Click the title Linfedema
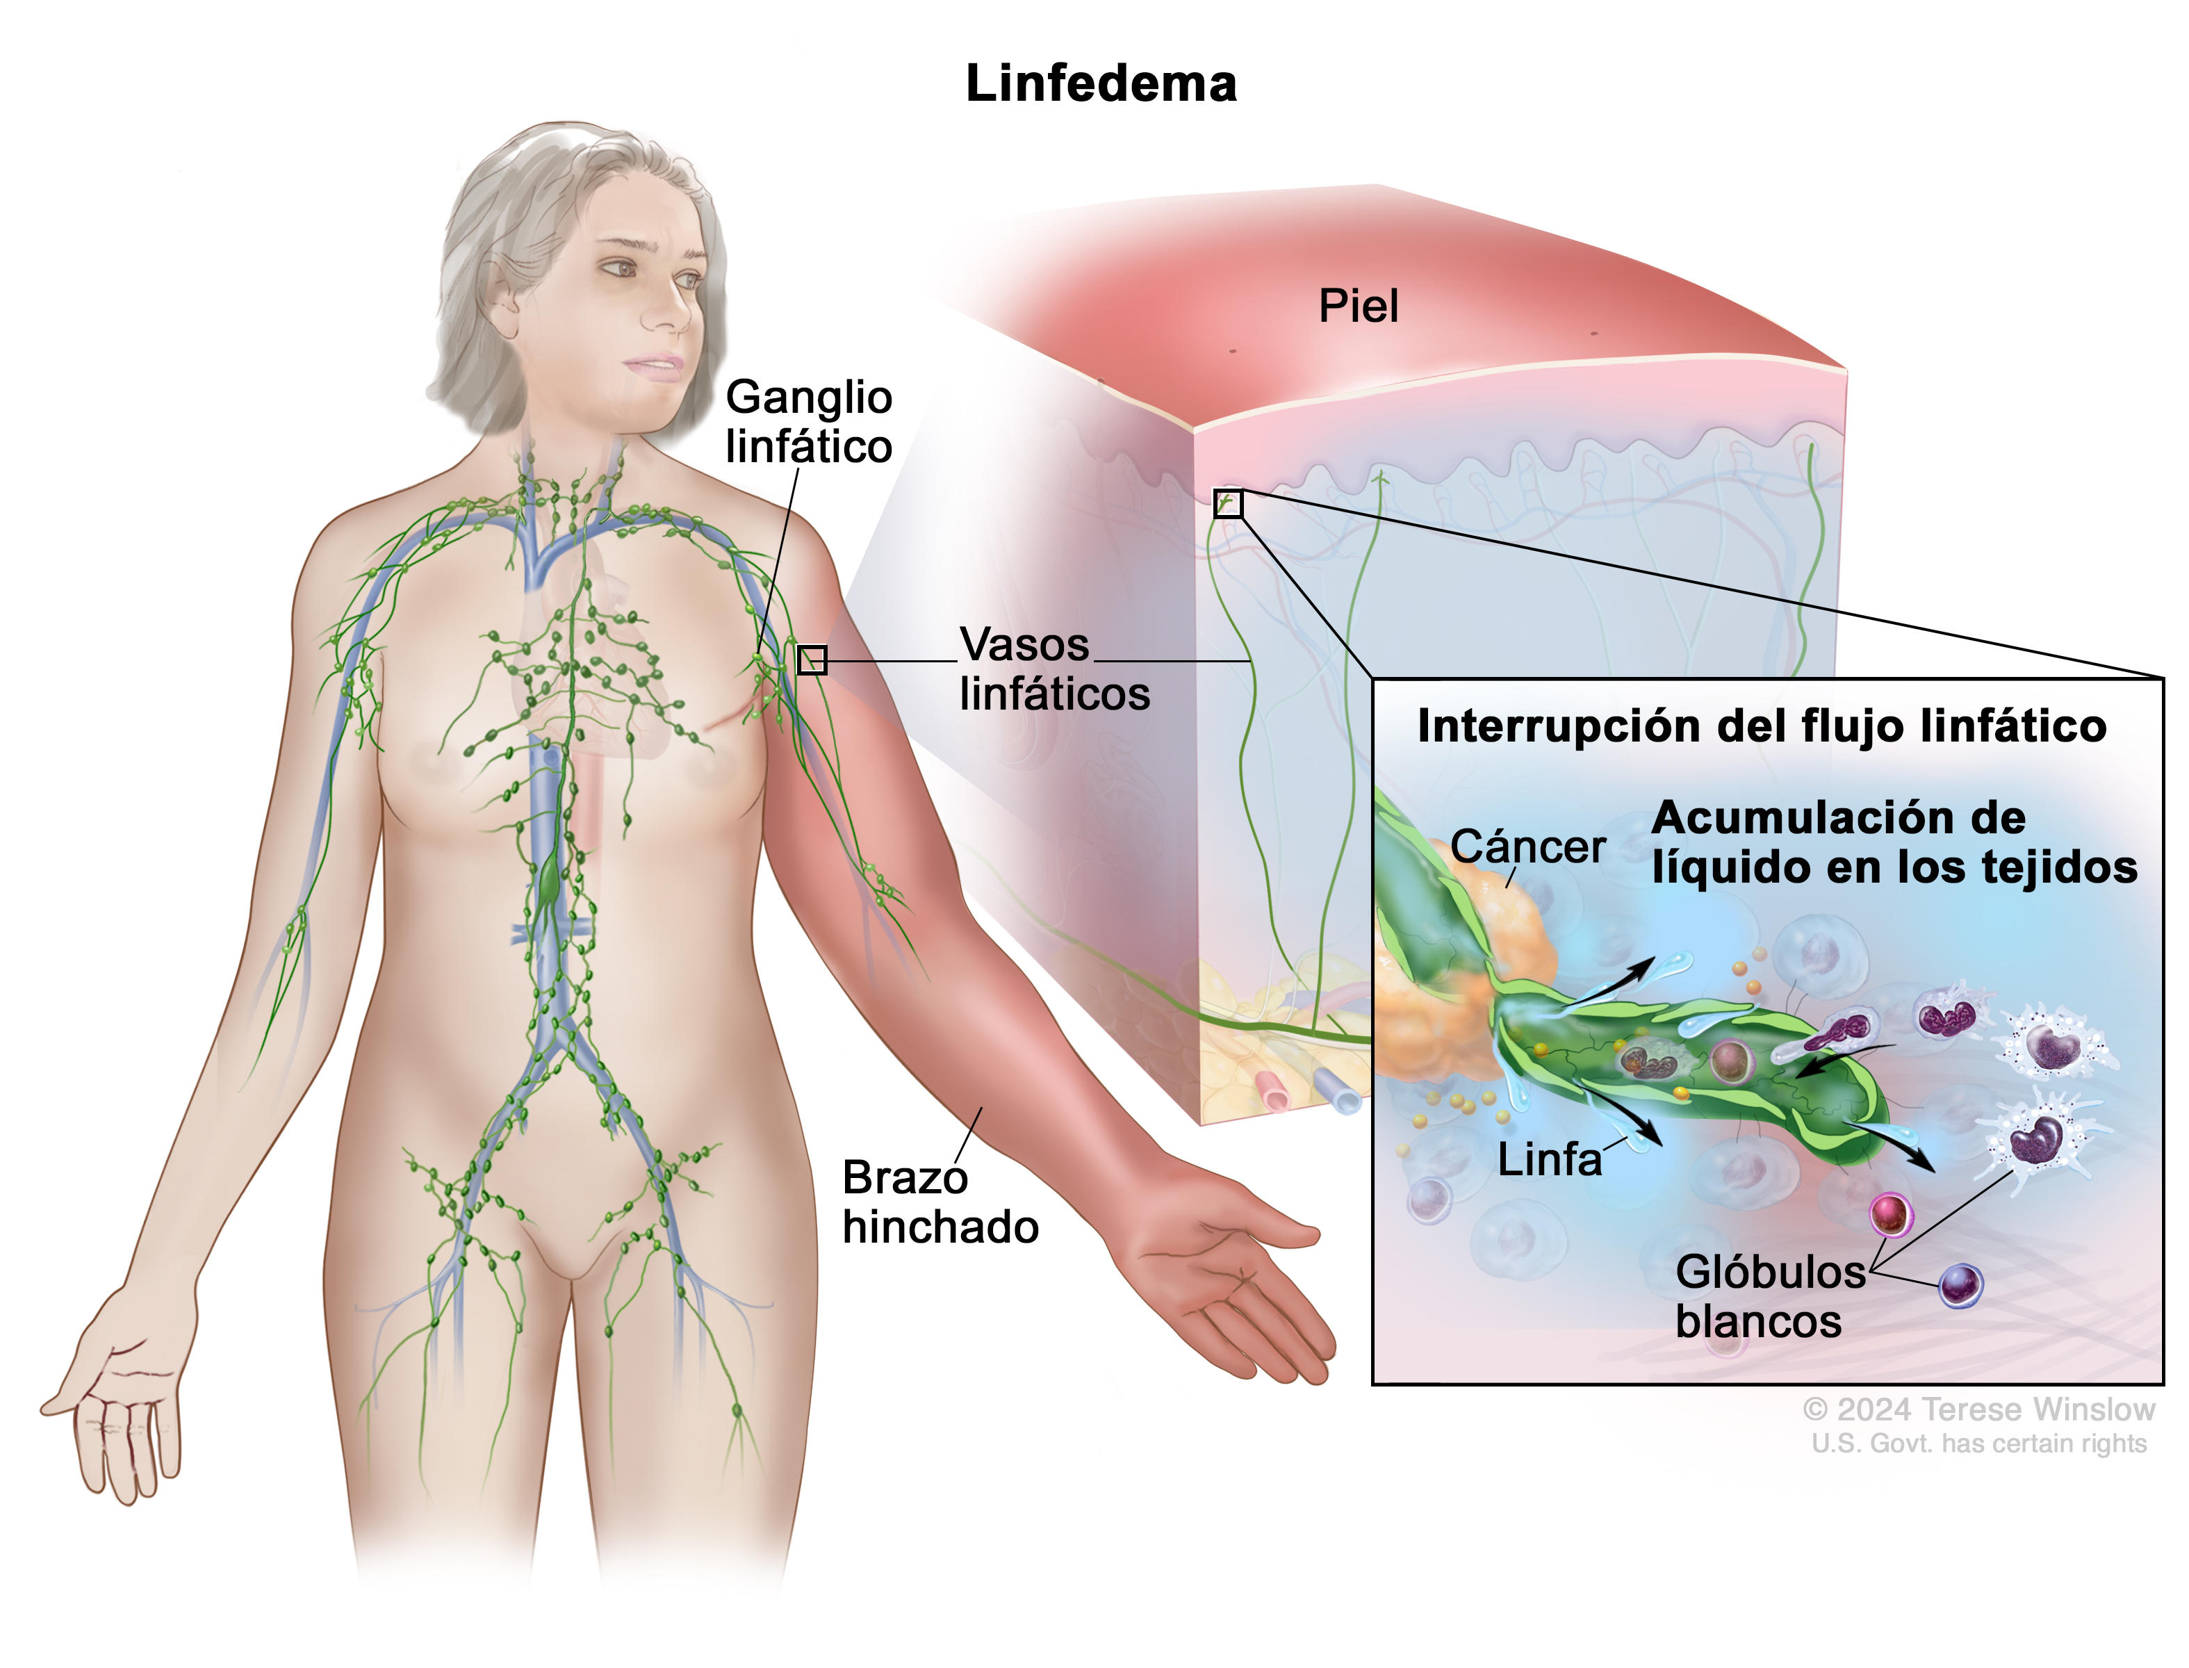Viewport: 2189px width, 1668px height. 1100,83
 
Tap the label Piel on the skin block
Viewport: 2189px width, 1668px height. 1357,306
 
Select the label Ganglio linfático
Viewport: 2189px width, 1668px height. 808,422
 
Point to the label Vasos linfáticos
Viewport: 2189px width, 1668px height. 1053,669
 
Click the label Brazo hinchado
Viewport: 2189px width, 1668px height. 939,1202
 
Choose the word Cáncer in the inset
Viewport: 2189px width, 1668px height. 1527,847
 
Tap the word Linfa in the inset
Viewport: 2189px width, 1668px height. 1549,1160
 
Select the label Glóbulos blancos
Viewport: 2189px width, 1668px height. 1769,1297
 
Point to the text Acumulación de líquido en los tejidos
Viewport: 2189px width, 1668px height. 1892,843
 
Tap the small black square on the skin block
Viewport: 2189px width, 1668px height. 1228,503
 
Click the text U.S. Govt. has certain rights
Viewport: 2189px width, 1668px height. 1978,1443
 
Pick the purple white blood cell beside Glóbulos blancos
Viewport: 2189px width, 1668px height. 1960,1286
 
